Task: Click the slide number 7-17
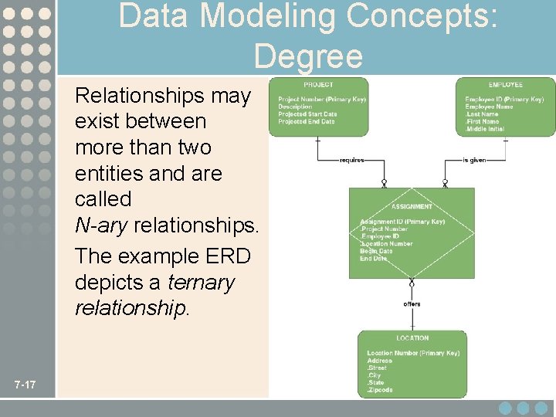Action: click(30, 385)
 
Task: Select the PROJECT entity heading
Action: click(318, 84)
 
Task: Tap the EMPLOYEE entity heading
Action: click(505, 84)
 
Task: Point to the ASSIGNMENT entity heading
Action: click(412, 207)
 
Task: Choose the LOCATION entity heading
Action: click(412, 338)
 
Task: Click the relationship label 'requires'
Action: click(352, 161)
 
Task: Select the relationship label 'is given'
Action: click(475, 161)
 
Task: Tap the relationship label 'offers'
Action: click(412, 303)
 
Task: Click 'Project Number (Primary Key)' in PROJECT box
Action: click(321, 99)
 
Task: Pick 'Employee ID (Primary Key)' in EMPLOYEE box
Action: click(504, 99)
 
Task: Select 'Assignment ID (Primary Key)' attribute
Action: click(402, 222)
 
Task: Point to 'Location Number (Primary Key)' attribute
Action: click(413, 353)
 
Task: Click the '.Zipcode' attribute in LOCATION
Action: click(380, 390)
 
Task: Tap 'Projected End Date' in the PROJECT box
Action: click(307, 121)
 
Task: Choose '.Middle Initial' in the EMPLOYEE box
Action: click(485, 129)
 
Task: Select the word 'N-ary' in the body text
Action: click(101, 225)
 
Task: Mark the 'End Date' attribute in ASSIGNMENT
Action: click(374, 258)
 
